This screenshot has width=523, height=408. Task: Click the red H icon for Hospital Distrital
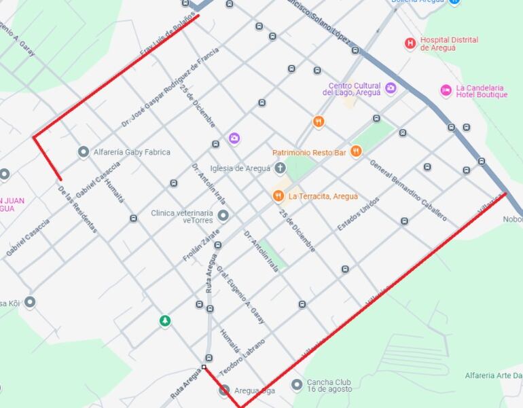point(410,43)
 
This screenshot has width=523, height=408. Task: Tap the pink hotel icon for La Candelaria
point(446,90)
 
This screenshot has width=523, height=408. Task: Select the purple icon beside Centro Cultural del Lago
point(391,88)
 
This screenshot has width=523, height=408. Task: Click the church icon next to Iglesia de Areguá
point(280,168)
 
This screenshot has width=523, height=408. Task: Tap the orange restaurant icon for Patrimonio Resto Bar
point(356,151)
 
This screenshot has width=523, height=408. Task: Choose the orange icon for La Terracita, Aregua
point(278,196)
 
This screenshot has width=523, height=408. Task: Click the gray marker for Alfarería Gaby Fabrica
point(84,152)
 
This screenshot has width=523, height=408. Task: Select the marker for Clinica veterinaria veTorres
point(223,216)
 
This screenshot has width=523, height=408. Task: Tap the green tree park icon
point(164,320)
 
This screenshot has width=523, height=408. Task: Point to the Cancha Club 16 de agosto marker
point(297,385)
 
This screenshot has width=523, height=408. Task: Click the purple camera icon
point(234,138)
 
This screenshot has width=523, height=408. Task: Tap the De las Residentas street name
point(77,209)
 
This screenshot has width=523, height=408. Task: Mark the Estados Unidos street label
point(358,214)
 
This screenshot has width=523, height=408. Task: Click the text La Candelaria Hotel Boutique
point(481,91)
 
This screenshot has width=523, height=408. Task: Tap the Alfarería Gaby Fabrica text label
point(132,153)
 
